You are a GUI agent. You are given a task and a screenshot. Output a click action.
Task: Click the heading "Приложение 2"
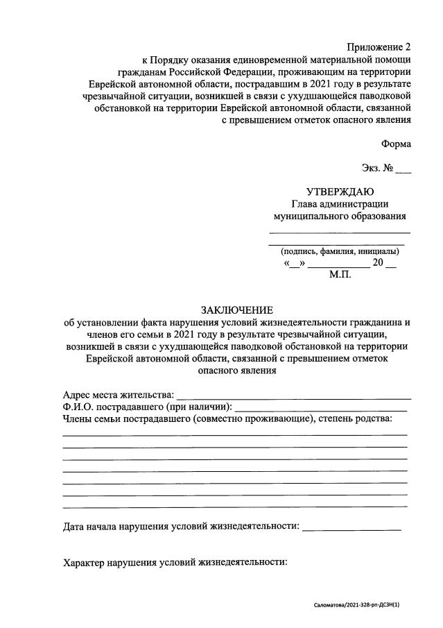click(x=379, y=47)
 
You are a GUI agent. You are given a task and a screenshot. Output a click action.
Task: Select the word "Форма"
click(x=395, y=144)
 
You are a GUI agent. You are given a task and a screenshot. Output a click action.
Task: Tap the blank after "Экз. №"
click(x=403, y=169)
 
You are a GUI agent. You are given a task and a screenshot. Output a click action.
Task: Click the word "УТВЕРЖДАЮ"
click(x=340, y=192)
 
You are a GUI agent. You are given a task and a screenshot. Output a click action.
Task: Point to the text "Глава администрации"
click(x=340, y=203)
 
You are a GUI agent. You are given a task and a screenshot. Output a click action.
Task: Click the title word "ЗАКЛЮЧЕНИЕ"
click(x=237, y=309)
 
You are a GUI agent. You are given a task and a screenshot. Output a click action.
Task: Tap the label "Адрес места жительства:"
click(x=117, y=394)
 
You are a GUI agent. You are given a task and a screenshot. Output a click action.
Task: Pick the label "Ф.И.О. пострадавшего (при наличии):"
click(x=147, y=406)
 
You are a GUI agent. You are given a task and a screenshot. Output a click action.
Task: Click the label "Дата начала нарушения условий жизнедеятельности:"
click(x=181, y=527)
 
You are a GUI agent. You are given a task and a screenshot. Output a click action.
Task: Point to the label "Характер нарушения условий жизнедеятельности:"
click(x=175, y=563)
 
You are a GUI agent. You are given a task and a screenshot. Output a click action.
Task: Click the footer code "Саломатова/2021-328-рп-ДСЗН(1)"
click(x=356, y=605)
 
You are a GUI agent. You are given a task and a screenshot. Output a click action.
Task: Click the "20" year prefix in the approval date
click(x=379, y=263)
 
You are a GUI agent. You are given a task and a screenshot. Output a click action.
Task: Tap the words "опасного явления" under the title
click(x=237, y=371)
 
